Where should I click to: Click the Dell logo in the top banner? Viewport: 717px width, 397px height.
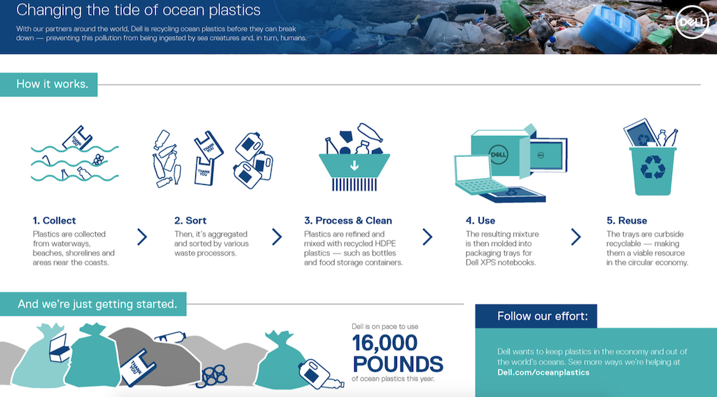click(x=692, y=22)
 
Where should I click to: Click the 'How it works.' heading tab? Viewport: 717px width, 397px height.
click(x=48, y=84)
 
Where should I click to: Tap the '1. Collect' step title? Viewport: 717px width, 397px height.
click(x=55, y=221)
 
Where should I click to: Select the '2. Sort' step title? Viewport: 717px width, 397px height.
click(x=190, y=221)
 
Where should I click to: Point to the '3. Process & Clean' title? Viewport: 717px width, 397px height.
click(x=348, y=221)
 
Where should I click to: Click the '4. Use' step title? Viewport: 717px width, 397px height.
click(x=480, y=221)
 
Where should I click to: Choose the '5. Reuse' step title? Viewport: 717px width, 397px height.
click(x=627, y=221)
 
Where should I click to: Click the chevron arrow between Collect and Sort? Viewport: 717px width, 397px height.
click(x=142, y=237)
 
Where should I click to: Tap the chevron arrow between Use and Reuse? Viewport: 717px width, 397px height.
click(x=576, y=237)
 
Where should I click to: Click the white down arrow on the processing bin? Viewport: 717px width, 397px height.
click(x=354, y=165)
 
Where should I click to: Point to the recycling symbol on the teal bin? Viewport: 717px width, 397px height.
click(x=653, y=167)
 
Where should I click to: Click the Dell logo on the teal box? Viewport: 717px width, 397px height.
click(x=499, y=154)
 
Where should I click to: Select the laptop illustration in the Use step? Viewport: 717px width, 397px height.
click(x=478, y=175)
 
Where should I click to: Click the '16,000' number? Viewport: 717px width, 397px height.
click(x=384, y=343)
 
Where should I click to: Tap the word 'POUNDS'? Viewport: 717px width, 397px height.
click(x=398, y=364)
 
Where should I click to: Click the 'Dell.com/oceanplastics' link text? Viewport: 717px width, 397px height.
click(x=543, y=372)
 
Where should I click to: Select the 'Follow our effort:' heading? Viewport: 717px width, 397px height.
click(x=543, y=316)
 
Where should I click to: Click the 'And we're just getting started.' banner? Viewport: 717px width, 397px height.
click(x=93, y=304)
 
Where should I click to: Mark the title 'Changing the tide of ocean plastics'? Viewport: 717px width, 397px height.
click(x=138, y=10)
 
